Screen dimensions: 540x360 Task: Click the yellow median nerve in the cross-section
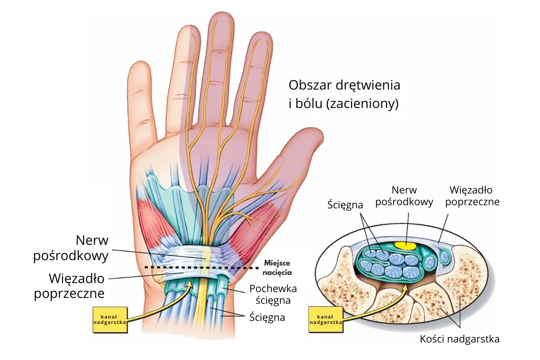[x=405, y=246]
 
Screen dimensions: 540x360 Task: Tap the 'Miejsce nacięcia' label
[x=277, y=268]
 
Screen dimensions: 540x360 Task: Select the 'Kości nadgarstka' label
[x=459, y=339]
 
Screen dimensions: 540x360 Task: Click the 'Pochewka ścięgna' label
[x=273, y=294]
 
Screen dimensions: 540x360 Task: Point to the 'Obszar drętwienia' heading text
[x=345, y=85]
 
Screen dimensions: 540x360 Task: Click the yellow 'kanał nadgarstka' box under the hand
[x=110, y=320]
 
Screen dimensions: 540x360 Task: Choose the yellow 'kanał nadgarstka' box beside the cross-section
[x=326, y=319]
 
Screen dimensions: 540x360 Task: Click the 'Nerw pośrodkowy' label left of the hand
[x=71, y=248]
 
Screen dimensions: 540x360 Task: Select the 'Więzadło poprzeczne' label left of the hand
[x=69, y=286]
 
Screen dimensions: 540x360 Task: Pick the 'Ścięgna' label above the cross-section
[x=345, y=205]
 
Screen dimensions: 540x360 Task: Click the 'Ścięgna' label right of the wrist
[x=267, y=317]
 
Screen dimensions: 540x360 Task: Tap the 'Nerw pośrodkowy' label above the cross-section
[x=404, y=196]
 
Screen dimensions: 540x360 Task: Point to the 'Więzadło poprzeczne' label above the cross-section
[x=472, y=196]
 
